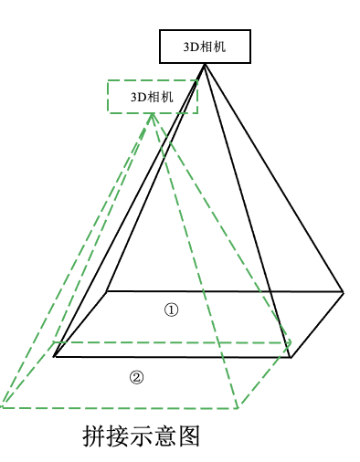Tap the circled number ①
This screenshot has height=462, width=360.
[172, 310]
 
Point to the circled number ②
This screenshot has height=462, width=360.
[136, 377]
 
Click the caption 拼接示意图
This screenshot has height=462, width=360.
[141, 436]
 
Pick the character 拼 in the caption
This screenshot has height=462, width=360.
[94, 436]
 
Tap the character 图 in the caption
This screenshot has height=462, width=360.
[189, 436]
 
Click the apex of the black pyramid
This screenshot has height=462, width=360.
[205, 64]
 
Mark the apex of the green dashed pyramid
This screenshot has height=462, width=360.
[152, 114]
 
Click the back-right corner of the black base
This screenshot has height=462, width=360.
[344, 292]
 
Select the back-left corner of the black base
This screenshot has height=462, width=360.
[107, 291]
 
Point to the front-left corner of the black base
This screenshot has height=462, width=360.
[54, 356]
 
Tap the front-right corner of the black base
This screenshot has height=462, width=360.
[291, 358]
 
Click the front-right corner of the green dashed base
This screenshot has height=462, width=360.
[238, 408]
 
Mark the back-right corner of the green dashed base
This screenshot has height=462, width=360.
[291, 343]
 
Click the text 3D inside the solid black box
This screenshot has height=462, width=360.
[191, 47]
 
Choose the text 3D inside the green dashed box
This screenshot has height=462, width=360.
[138, 98]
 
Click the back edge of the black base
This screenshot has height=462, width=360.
[225, 292]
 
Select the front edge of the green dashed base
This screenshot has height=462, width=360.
[119, 407]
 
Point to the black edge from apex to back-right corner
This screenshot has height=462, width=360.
[274, 178]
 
